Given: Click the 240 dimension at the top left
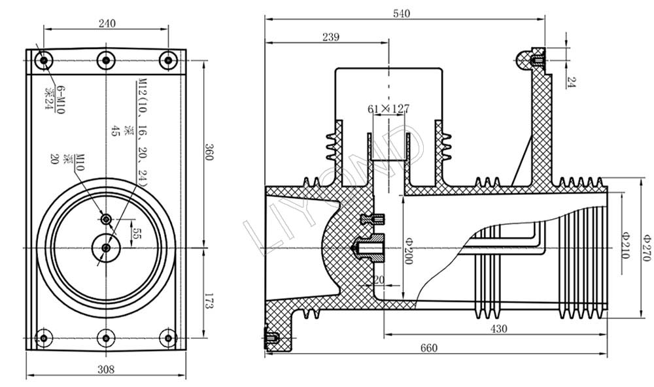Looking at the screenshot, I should [x=107, y=23].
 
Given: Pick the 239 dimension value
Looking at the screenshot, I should [x=331, y=37].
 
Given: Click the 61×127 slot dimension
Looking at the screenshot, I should [x=387, y=109].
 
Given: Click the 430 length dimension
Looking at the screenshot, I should [x=498, y=329].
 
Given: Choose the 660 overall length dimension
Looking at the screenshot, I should [x=428, y=347].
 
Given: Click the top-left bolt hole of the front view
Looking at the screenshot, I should [x=44, y=60].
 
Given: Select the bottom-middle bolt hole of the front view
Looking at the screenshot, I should [x=106, y=339].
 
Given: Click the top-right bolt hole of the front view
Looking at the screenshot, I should [x=168, y=60].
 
